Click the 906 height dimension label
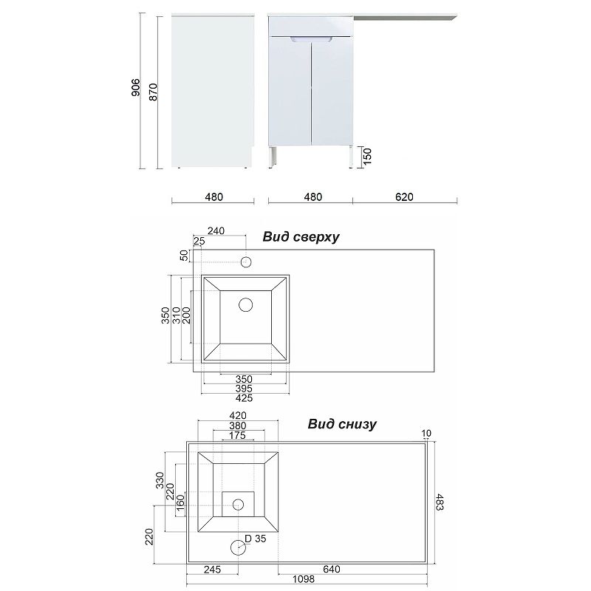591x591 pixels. (x=136, y=87)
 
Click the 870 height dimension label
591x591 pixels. (x=153, y=92)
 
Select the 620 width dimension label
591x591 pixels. (x=404, y=197)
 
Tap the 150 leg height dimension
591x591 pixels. (x=367, y=156)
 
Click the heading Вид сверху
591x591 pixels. (x=301, y=236)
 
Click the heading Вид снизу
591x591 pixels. (x=342, y=423)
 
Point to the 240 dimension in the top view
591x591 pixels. (x=216, y=230)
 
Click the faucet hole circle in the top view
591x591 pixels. (x=246, y=262)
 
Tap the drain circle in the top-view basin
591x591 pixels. (x=246, y=304)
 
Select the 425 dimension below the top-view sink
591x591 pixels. (x=245, y=398)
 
